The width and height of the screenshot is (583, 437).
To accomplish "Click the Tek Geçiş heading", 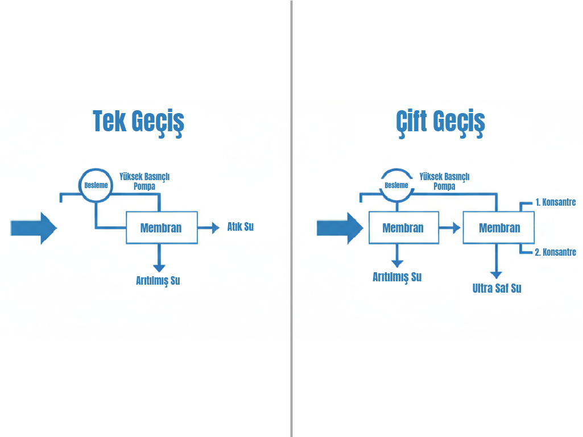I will click(138, 122).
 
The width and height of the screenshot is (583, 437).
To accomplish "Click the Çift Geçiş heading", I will click(440, 122).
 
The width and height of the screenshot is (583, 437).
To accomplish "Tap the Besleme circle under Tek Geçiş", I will click(96, 185).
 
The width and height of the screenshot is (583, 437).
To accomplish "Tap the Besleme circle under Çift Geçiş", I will click(396, 185).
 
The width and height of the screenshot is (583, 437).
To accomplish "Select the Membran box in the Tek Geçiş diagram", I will click(162, 228).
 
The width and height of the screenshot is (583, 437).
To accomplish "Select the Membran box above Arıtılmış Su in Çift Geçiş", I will click(403, 228).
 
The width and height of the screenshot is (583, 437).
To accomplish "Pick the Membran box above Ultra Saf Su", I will click(499, 228).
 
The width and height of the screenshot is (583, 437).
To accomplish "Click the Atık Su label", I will click(240, 227).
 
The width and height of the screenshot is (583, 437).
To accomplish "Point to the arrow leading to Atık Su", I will click(209, 228).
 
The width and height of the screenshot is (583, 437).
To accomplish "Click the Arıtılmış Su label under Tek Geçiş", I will click(158, 280).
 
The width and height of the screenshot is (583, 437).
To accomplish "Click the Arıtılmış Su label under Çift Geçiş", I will click(397, 277).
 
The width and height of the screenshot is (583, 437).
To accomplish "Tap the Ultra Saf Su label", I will click(497, 288).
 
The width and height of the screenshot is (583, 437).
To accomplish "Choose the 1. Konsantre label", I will click(555, 202).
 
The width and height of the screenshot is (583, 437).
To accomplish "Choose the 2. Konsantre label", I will click(555, 252).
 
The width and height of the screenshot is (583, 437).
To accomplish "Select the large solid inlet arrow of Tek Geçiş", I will click(34, 228).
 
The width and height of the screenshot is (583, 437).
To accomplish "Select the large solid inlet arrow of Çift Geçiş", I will click(340, 228).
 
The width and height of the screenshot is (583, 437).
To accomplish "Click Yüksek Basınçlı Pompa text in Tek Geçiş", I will click(144, 181).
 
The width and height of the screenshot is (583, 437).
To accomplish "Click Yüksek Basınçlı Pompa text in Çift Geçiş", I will click(444, 181).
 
